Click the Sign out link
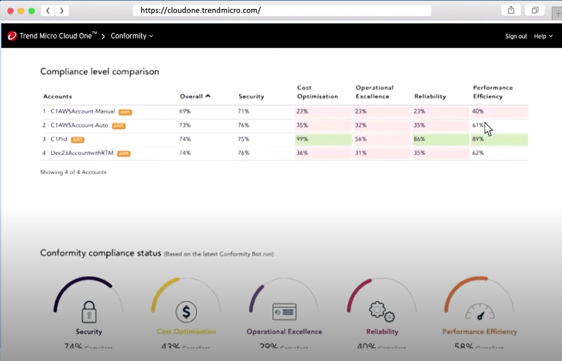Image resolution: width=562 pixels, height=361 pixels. tap(516, 36)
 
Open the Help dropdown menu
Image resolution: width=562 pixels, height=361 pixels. tap(543, 36)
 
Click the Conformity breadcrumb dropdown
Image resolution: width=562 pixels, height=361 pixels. tap(132, 36)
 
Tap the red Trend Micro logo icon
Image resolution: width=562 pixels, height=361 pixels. tap(12, 36)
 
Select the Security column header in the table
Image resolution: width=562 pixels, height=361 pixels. tap(251, 97)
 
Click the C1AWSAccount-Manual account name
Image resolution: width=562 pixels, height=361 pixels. tap(83, 112)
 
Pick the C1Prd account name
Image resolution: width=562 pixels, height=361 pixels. tap(59, 139)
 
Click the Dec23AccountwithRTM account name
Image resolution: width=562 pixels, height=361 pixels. tap(82, 153)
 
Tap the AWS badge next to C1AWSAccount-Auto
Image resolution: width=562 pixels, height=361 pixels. tap(118, 126)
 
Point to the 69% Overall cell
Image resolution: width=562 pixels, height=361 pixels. tap(185, 112)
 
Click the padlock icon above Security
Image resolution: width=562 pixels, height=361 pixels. tap(89, 312)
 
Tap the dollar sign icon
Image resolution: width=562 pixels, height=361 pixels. tap(186, 312)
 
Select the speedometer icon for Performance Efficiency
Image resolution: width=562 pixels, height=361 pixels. tap(480, 312)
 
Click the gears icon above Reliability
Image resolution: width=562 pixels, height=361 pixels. tap(382, 312)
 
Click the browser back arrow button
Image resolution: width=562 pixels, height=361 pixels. tap(48, 11)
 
